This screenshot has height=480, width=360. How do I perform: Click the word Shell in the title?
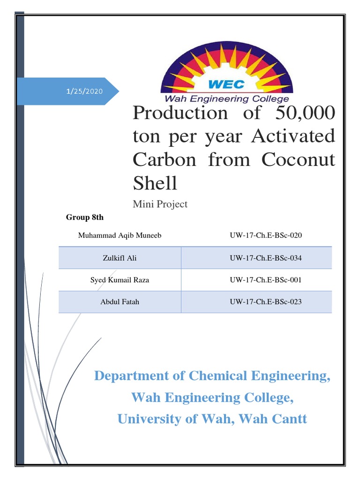(155, 183)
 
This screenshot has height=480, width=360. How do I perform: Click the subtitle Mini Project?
(160, 204)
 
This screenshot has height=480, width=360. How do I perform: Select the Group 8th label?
(85, 218)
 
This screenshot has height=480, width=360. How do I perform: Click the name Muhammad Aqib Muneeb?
(120, 235)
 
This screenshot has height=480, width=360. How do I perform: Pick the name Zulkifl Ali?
(120, 258)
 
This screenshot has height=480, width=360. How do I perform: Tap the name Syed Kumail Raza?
(120, 280)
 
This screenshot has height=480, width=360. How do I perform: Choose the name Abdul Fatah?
(120, 302)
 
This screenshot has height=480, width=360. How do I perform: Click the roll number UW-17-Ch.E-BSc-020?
(266, 235)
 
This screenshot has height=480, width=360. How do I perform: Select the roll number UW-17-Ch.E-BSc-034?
(266, 258)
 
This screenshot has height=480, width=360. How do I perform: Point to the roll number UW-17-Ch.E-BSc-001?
(266, 280)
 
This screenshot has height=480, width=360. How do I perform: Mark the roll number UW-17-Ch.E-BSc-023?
(266, 302)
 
